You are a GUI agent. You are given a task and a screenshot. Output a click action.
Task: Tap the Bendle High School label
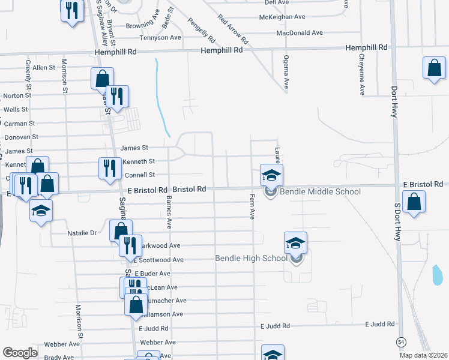tap(252, 259)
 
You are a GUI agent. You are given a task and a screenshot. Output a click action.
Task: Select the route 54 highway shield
tap(400, 341)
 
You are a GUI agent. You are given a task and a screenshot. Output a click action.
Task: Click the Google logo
tap(20, 352)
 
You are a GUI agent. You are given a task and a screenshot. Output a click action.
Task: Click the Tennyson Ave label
tap(160, 38)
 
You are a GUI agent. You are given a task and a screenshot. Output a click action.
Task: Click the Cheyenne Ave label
tap(362, 75)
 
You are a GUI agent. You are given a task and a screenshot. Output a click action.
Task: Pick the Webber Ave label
tap(65, 344)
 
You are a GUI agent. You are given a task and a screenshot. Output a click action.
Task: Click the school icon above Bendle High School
tap(295, 242)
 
